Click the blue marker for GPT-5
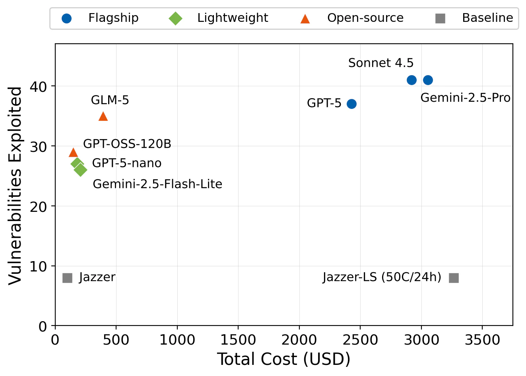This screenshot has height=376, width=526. (351, 104)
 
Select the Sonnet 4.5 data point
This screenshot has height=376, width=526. (411, 80)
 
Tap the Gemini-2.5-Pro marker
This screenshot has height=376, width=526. (428, 80)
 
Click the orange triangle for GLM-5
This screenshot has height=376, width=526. (103, 116)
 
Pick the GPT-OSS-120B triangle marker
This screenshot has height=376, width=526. (73, 152)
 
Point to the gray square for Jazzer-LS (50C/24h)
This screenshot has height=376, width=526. (454, 278)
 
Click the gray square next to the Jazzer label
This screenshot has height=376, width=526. (68, 278)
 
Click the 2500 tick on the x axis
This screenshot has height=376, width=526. (360, 340)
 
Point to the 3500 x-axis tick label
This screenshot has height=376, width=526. (482, 340)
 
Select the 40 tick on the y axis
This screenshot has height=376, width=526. (38, 86)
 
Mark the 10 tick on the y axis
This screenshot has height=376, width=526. (38, 266)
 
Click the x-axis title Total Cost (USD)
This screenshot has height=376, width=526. (284, 359)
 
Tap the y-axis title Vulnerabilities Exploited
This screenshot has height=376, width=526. (16, 185)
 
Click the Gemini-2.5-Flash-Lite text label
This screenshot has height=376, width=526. (157, 184)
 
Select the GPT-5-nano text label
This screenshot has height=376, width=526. (127, 163)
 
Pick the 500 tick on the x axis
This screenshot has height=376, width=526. (116, 340)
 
